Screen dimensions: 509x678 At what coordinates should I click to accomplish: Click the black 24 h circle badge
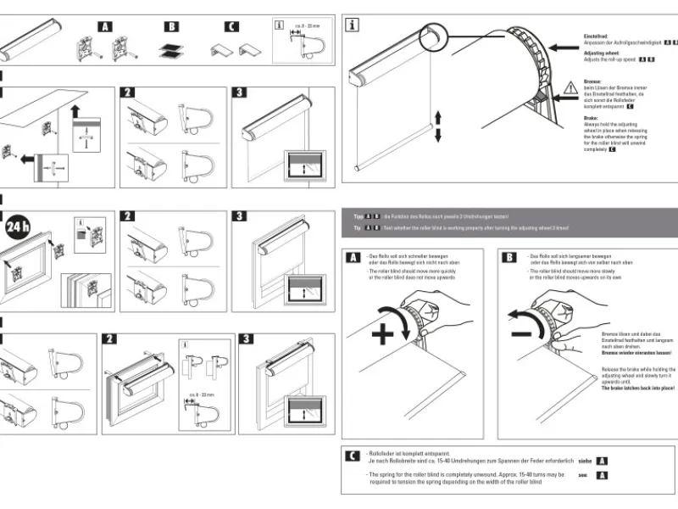tap(18, 227)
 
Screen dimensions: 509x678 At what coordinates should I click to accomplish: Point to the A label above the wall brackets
tap(105, 26)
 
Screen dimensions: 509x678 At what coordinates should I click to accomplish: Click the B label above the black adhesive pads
tap(171, 26)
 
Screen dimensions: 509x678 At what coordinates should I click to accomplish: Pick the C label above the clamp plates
tap(232, 26)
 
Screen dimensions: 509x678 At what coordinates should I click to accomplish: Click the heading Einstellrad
tap(597, 36)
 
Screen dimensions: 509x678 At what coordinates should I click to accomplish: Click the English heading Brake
tap(592, 118)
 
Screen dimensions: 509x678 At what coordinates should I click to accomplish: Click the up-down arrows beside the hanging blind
tap(438, 125)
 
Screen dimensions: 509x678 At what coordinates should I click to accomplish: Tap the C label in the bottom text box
tap(352, 456)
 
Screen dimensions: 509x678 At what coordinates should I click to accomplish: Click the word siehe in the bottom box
tap(585, 461)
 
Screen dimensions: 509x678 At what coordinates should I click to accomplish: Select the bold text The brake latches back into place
tap(638, 388)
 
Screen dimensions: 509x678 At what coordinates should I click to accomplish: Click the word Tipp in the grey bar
tap(358, 216)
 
